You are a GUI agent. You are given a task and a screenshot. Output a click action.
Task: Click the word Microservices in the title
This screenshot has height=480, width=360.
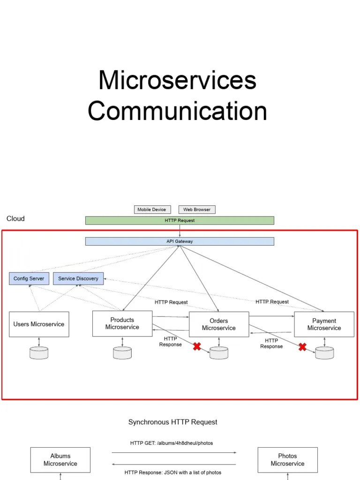[x=177, y=80]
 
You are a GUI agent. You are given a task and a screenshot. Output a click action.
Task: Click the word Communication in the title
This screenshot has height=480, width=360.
[x=177, y=112]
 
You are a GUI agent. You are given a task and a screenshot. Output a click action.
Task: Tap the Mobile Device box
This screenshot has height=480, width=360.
[x=152, y=210]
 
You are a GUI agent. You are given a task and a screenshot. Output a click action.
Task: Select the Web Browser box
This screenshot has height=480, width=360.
[x=197, y=210]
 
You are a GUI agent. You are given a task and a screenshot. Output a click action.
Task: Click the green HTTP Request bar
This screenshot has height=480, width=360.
[x=180, y=220]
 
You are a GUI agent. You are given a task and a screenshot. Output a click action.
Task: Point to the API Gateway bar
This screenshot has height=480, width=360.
[x=180, y=241]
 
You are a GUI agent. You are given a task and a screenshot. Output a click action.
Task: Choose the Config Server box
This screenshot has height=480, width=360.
[x=29, y=278]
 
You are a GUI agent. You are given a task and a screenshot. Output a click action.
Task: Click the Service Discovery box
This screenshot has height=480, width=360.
[x=78, y=278]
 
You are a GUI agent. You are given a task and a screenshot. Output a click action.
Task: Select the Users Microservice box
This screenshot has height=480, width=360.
[x=39, y=324]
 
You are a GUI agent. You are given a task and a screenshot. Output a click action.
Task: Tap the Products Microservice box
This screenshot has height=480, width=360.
[x=122, y=323]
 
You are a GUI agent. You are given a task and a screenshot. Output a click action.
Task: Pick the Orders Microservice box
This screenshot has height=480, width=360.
[x=219, y=324]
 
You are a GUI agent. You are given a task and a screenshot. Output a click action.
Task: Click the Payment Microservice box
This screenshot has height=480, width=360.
[x=324, y=324]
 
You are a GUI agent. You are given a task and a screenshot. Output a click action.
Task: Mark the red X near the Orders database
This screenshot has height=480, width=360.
[x=197, y=346]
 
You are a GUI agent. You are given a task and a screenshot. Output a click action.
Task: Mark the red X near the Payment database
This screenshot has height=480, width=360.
[x=303, y=347]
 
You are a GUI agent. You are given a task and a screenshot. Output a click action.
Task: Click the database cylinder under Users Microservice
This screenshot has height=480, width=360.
[x=39, y=353]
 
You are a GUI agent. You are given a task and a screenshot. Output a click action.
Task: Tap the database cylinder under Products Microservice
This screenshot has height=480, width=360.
[x=122, y=353]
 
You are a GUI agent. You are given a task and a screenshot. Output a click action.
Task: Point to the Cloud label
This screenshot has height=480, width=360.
[x=15, y=219]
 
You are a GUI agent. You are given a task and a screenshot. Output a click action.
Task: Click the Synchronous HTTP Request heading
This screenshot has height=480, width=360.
[x=173, y=422]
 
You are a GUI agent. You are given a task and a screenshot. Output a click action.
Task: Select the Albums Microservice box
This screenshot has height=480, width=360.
[x=60, y=459]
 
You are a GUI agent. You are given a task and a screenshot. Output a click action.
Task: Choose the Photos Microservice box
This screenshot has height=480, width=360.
[x=288, y=459]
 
